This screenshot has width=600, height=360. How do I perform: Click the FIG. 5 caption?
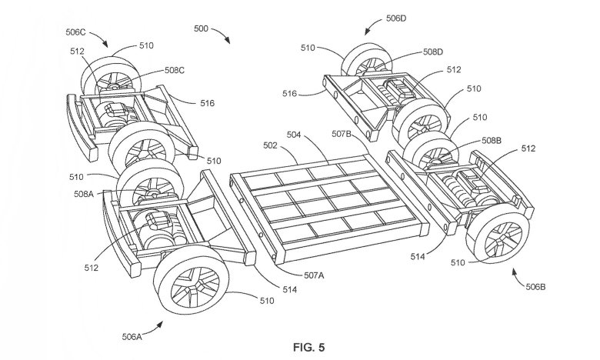pyautogui.click(x=308, y=348)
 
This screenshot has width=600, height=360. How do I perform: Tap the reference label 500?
pyautogui.click(x=201, y=28)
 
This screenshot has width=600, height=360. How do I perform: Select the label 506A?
pyautogui.click(x=132, y=337)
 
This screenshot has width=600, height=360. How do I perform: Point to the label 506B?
pyautogui.click(x=535, y=287)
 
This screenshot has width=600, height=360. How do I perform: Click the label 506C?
pyautogui.click(x=75, y=32)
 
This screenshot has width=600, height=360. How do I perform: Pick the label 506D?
pyautogui.click(x=395, y=18)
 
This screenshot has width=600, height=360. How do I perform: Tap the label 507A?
pyautogui.click(x=314, y=275)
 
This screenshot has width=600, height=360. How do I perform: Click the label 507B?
pyautogui.click(x=342, y=134)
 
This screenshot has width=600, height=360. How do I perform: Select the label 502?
pyautogui.click(x=270, y=145)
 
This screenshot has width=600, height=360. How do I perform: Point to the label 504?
pyautogui.click(x=294, y=135)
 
